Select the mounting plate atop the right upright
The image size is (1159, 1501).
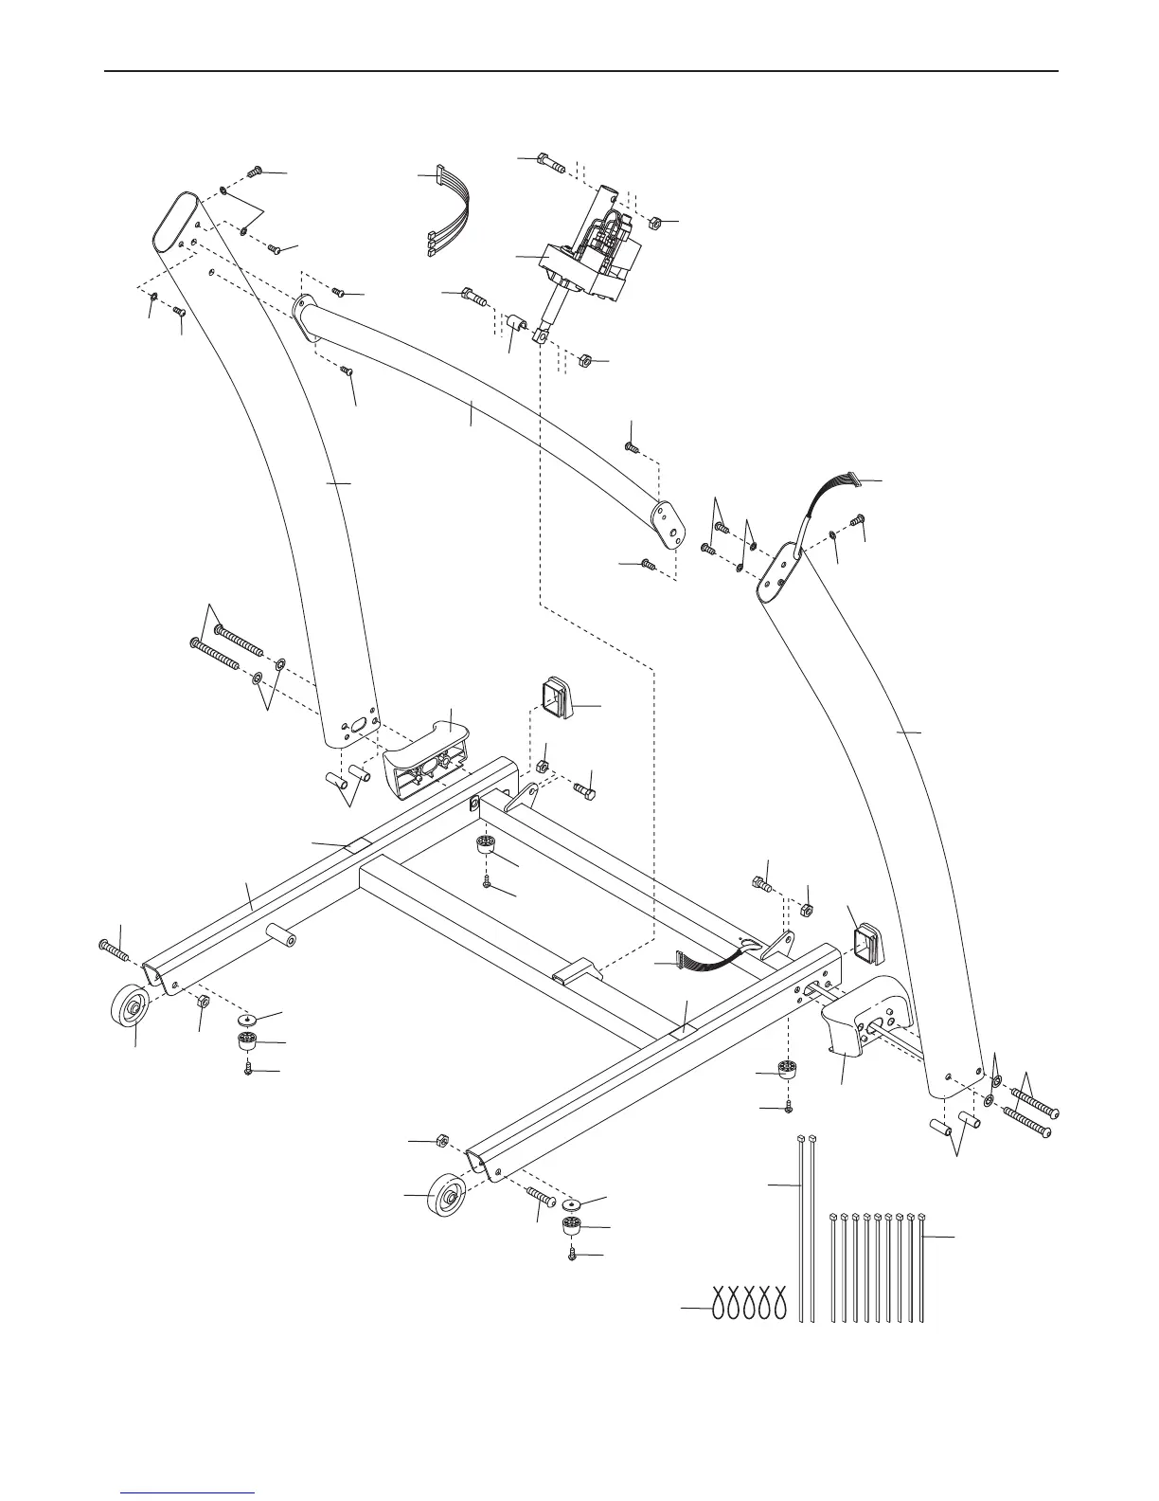tap(778, 572)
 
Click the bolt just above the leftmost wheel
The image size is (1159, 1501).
tap(114, 947)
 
